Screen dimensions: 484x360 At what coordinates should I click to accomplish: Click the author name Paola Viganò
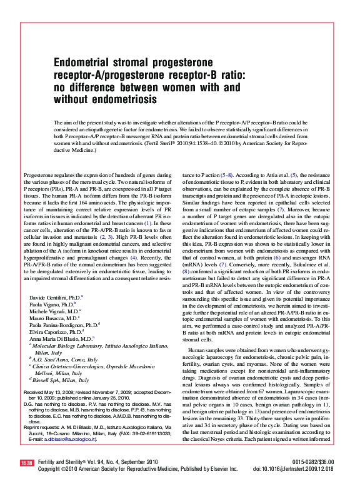point(46,303)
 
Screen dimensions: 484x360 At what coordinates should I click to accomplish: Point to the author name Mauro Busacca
point(48,318)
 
